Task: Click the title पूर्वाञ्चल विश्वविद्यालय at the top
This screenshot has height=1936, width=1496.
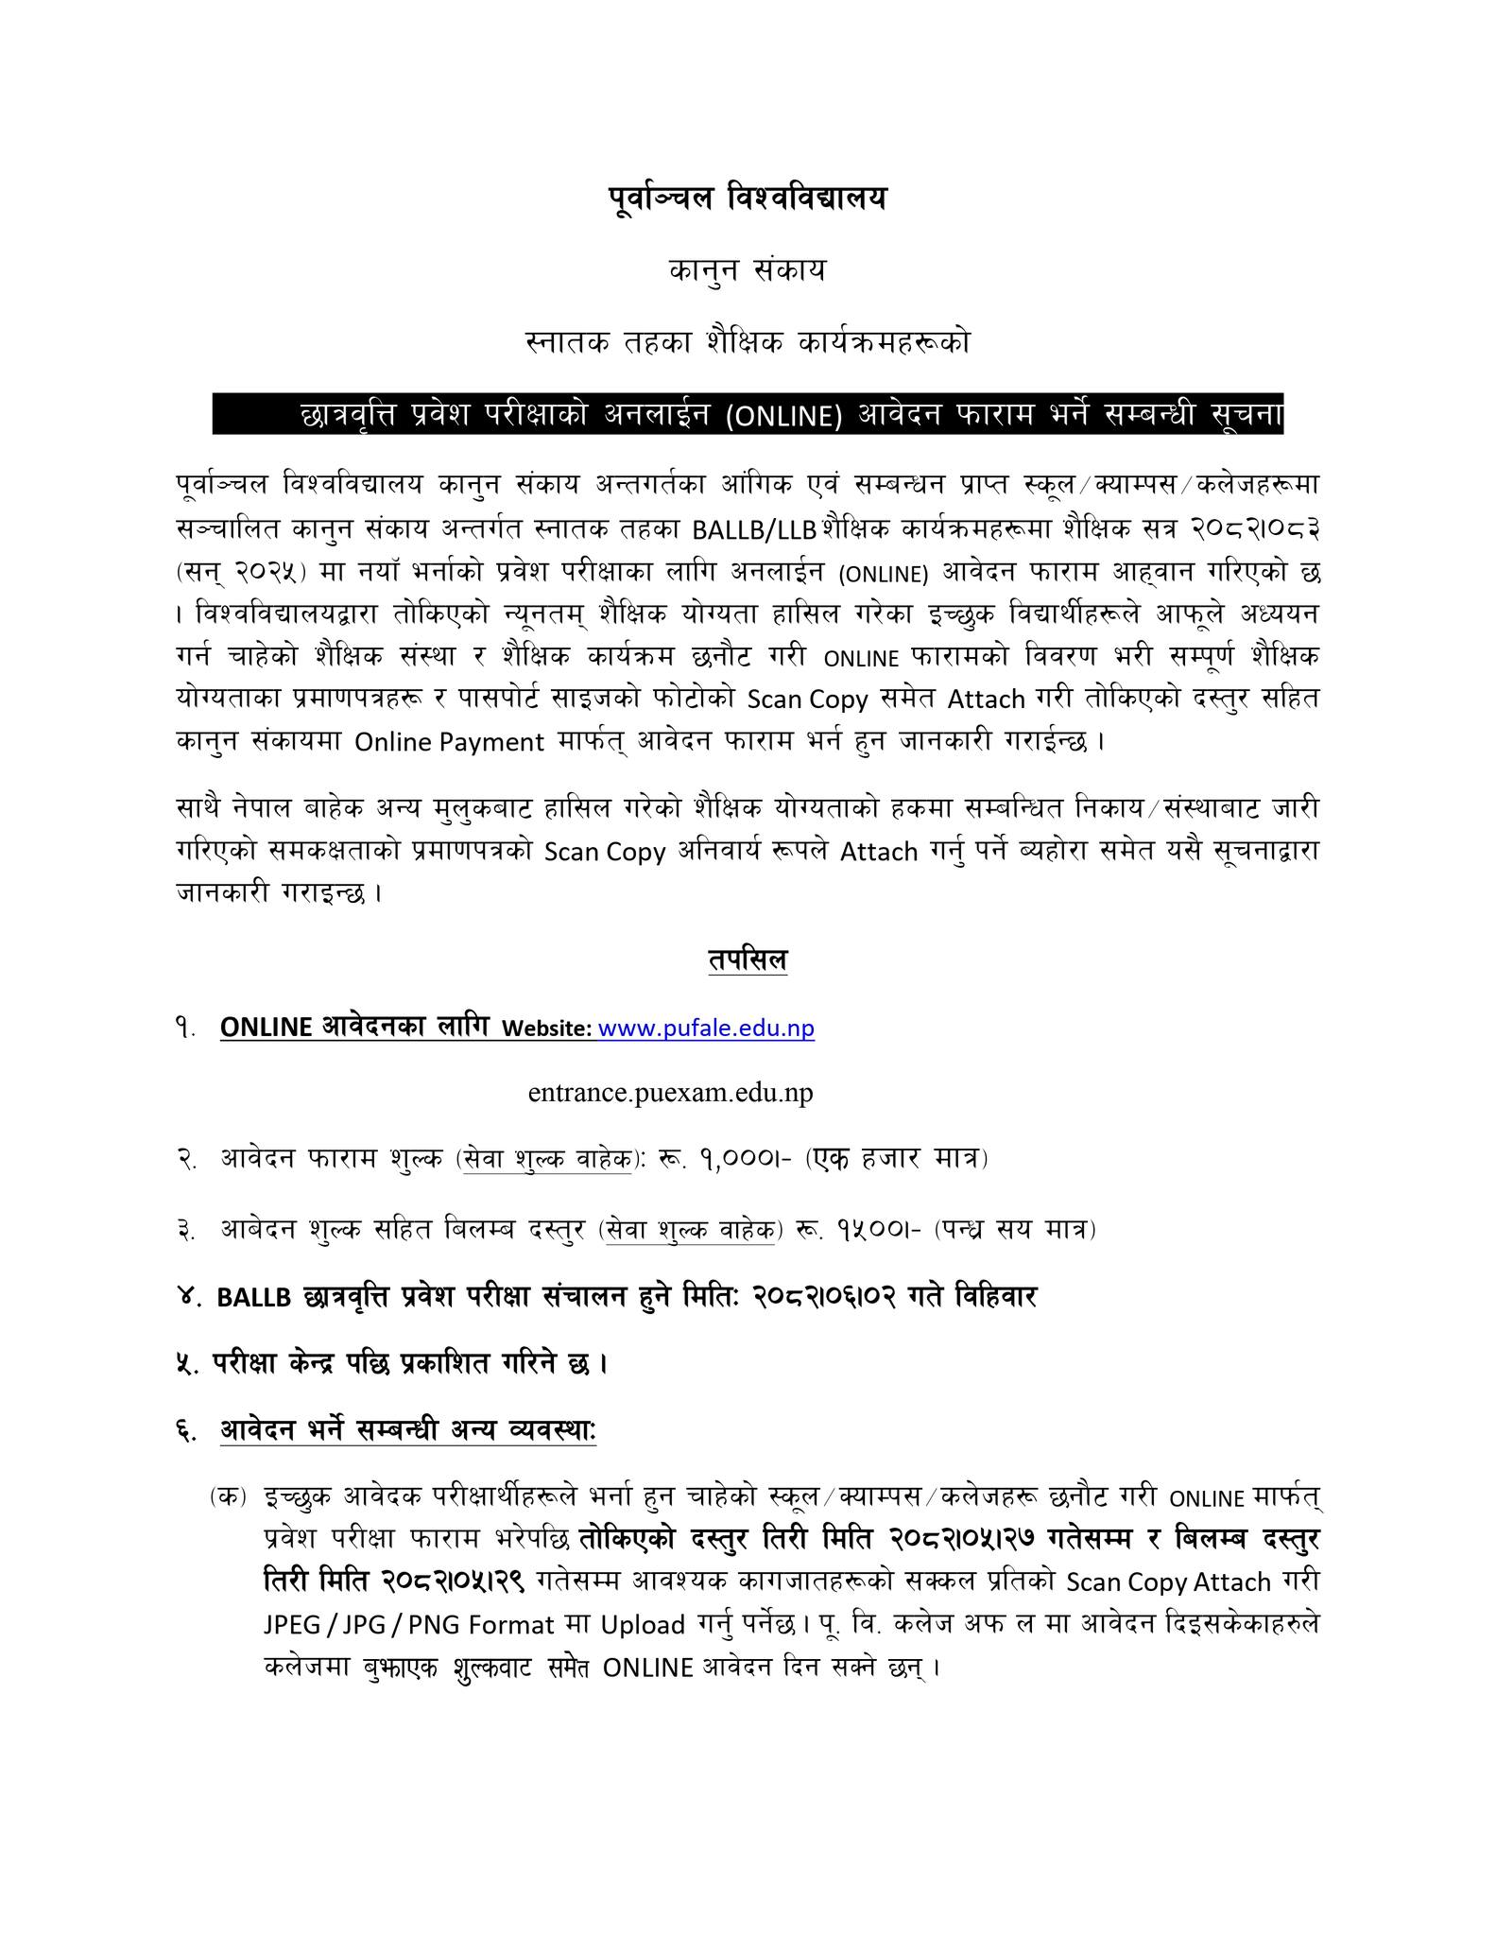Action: pos(747,199)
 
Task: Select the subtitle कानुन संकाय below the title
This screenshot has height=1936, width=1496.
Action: pos(747,271)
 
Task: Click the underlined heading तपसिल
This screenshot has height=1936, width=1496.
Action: pos(747,961)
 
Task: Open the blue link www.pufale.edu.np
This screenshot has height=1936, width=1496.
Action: pos(706,1028)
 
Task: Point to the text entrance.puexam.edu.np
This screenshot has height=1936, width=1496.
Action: pos(670,1093)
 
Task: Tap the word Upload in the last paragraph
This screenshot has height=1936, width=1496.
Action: pos(643,1625)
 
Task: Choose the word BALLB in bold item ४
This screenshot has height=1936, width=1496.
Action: pos(254,1298)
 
